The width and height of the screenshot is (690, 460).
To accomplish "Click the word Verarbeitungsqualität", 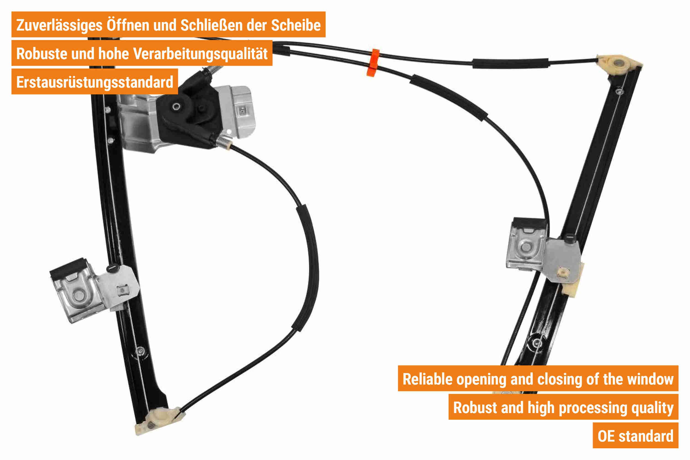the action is pyautogui.click(x=200, y=54).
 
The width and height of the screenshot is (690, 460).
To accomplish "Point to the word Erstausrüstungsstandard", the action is pyautogui.click(x=95, y=82).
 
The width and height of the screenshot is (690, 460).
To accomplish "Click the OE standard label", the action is pyautogui.click(x=635, y=436).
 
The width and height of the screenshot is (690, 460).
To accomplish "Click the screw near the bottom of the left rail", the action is pyautogui.click(x=141, y=350).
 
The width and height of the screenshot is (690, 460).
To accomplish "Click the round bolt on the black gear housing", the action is pyautogui.click(x=176, y=107).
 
